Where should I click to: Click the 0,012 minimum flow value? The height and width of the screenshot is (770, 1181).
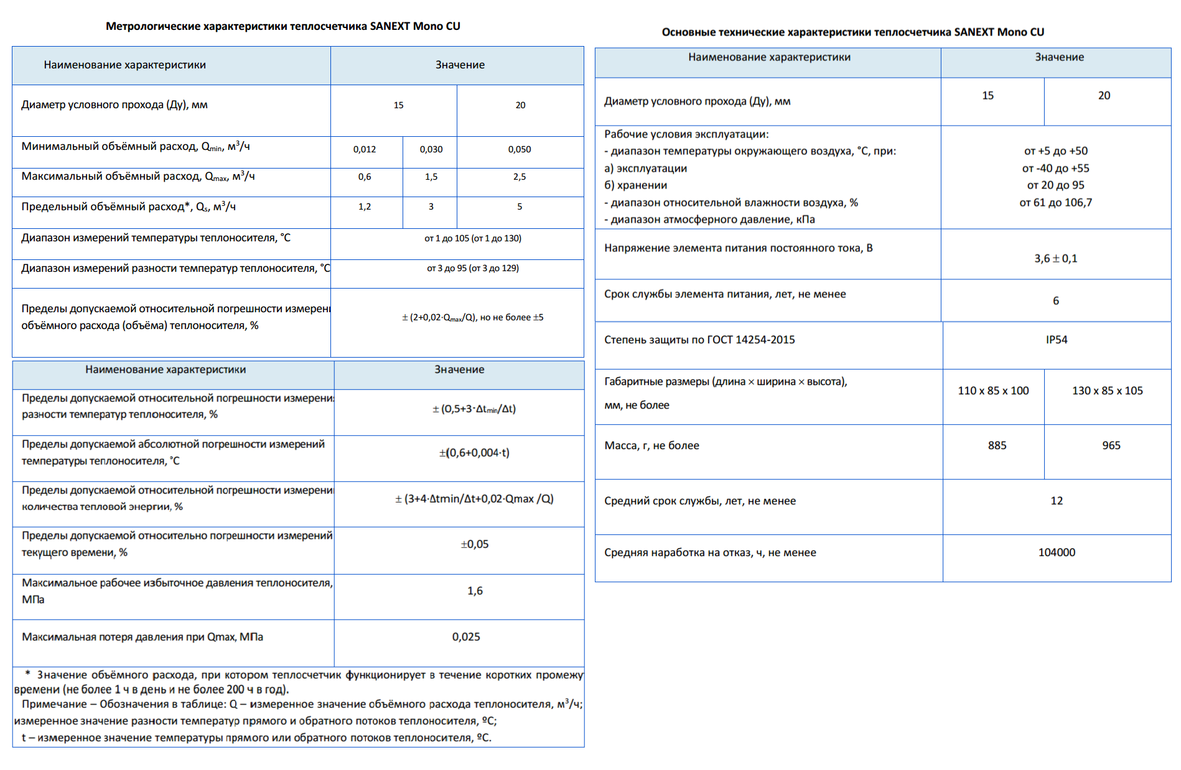pos(365,149)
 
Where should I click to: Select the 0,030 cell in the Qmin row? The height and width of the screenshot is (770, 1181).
pos(431,149)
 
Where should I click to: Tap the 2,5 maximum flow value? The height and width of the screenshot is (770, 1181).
pos(520,177)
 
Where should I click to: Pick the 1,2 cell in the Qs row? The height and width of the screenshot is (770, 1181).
pos(365,206)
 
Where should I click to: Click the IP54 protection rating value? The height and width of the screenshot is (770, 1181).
pos(1057,340)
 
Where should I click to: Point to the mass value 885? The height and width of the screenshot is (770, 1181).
pos(997,445)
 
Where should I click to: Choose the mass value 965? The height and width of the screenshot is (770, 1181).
pos(1111,445)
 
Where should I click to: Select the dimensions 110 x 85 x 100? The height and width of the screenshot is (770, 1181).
pos(993,391)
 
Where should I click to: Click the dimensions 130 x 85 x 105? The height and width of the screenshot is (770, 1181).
pos(1107,391)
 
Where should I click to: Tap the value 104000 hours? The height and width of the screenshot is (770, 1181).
pos(1057,552)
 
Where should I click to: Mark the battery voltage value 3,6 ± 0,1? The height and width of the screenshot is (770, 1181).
pos(1055,258)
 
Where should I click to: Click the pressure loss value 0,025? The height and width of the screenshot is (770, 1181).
pos(466,637)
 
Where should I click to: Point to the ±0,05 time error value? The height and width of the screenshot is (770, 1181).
pos(474,544)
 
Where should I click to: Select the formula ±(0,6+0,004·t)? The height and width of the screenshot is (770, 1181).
pos(474,453)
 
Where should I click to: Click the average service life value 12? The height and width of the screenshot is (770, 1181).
pos(1057,501)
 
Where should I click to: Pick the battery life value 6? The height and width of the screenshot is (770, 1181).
pos(1055,301)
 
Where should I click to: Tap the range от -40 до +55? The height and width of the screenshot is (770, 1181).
pos(1055,169)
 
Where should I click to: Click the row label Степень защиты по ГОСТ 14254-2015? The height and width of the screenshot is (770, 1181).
pos(699,340)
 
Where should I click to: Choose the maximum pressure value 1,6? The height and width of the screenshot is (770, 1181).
pos(475,591)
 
